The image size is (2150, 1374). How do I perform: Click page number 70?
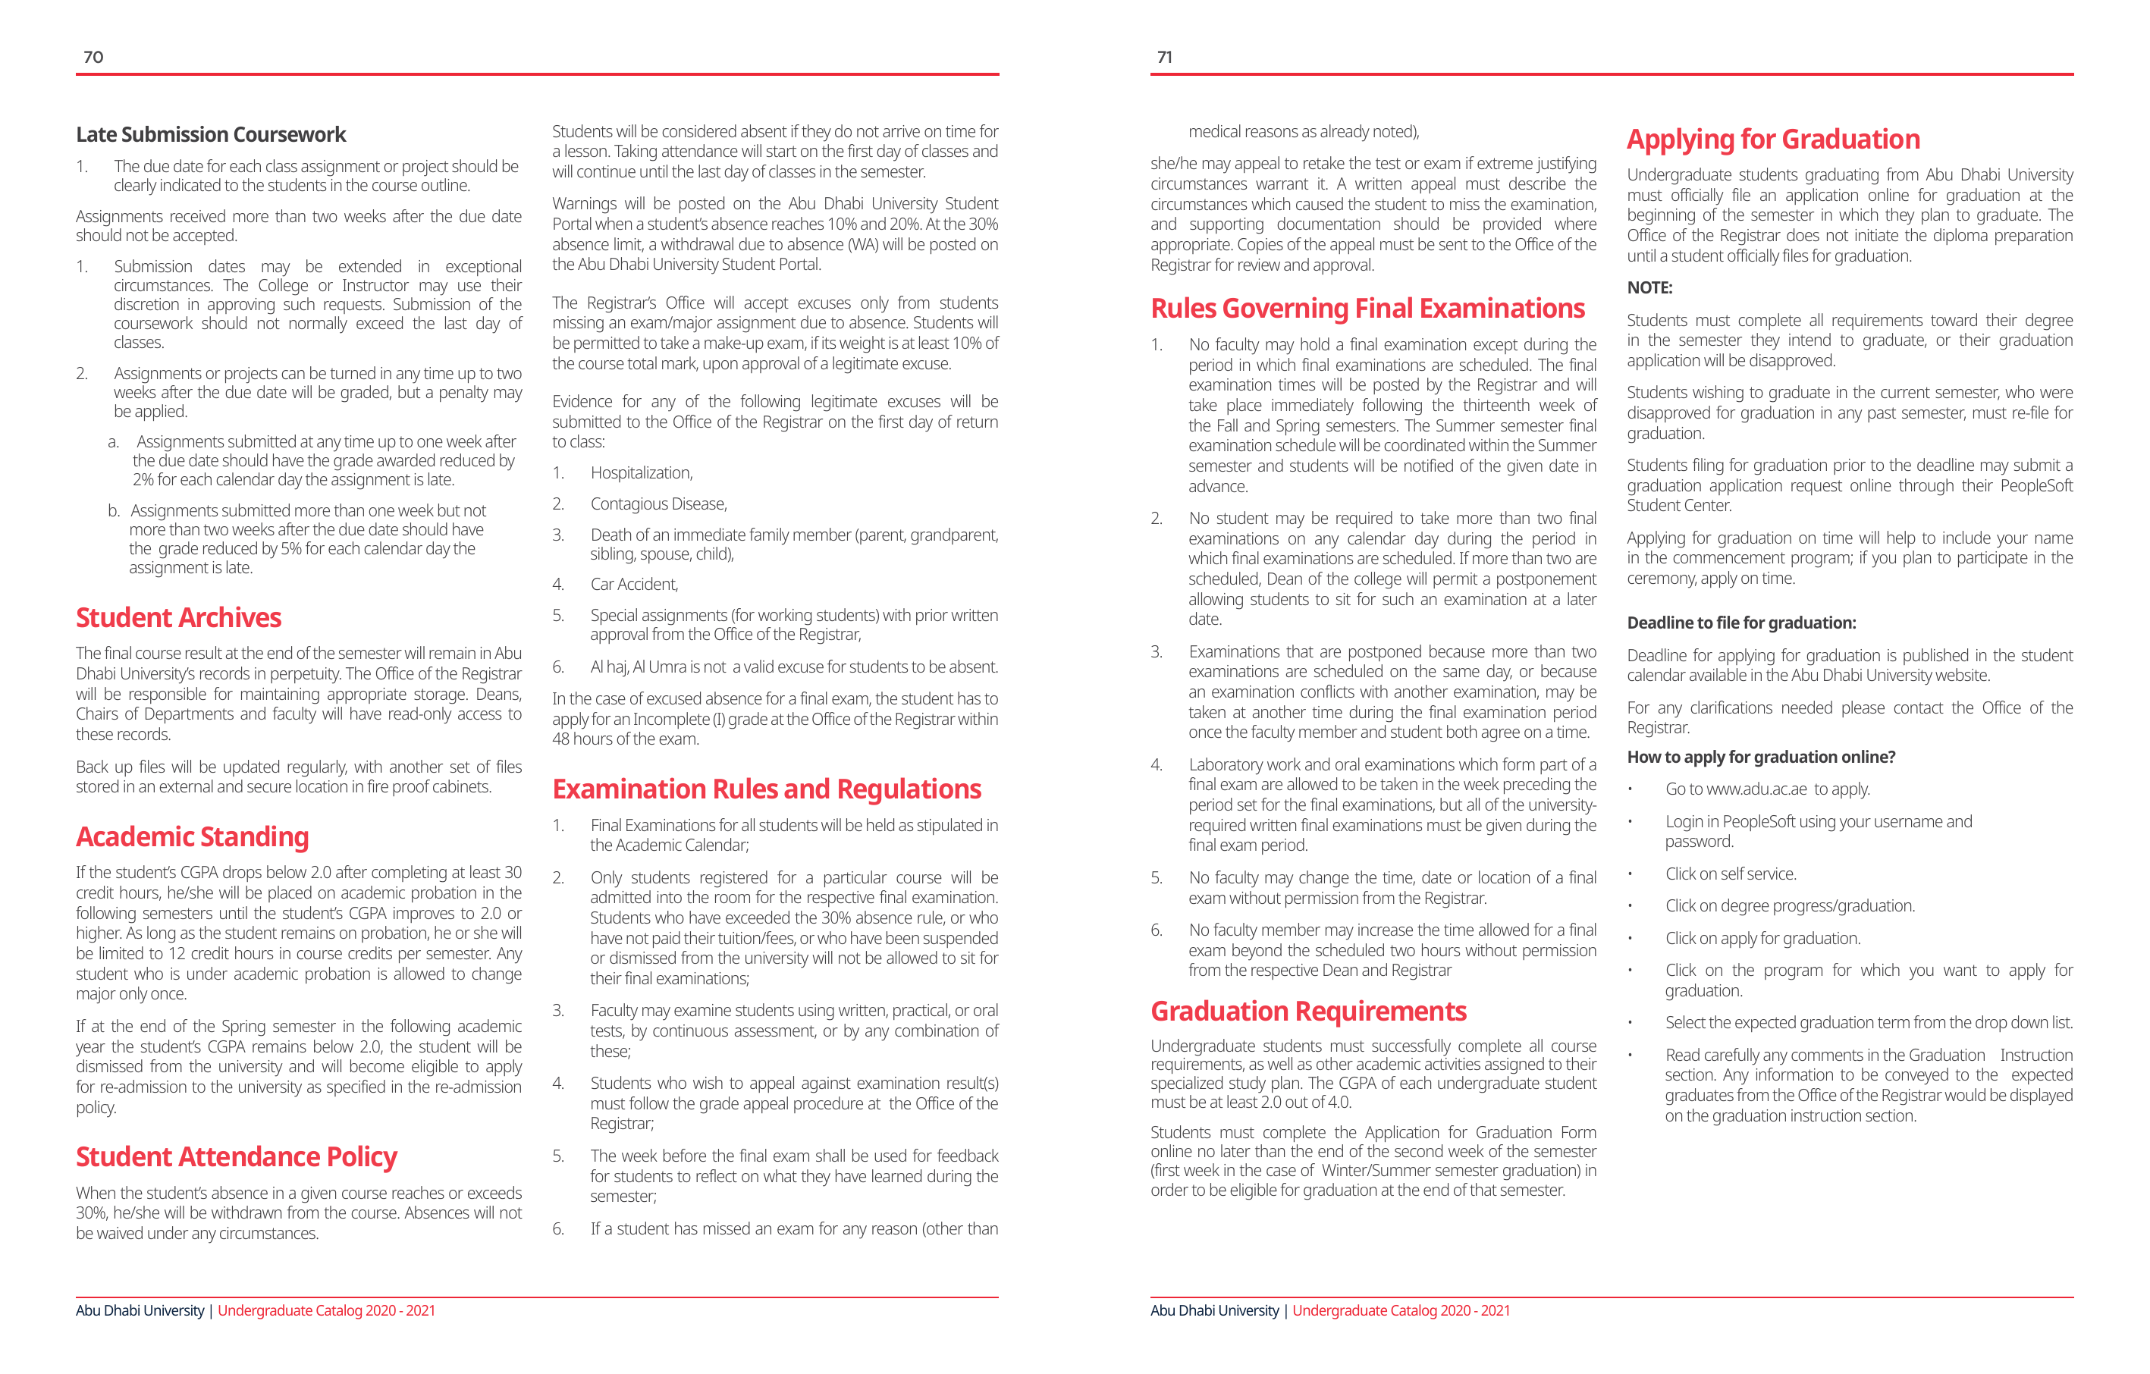(x=93, y=57)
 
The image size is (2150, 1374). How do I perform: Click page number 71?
(x=1164, y=57)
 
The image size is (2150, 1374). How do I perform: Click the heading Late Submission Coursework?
(x=211, y=135)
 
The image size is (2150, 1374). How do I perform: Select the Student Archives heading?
(x=178, y=618)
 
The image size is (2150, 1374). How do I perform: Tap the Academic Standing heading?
(x=192, y=836)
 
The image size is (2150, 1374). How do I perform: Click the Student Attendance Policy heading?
(x=236, y=1156)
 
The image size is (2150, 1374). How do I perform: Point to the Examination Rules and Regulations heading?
(x=766, y=789)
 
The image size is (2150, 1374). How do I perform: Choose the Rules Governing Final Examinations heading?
(x=1367, y=308)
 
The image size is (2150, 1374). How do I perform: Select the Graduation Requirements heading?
(x=1308, y=1011)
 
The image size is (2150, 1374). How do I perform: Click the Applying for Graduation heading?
(x=1772, y=140)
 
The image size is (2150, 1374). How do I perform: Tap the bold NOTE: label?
(x=1649, y=287)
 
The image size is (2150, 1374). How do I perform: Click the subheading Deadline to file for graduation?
(x=1741, y=623)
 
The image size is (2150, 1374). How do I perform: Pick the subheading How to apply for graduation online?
(x=1761, y=757)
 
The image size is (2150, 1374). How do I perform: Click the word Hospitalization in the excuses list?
(x=641, y=473)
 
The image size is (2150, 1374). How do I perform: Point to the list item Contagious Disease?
(x=658, y=504)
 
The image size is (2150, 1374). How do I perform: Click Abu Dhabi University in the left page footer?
(x=140, y=1310)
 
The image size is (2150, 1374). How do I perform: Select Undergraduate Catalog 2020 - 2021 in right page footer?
(x=1400, y=1310)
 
